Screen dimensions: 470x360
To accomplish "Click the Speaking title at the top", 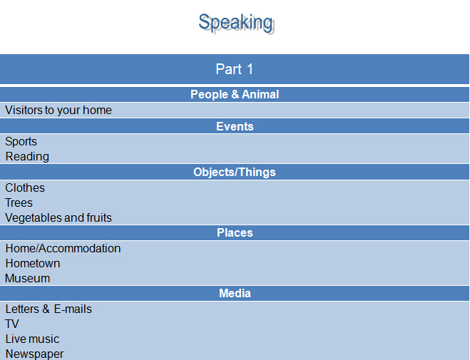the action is (235, 23).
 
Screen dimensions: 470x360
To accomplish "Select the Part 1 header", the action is (235, 69).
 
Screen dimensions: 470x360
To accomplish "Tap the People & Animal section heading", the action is (235, 94).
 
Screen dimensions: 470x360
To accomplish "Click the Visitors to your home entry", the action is (58, 110).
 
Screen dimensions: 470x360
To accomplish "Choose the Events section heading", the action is (235, 126).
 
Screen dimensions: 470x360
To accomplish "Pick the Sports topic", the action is (21, 142).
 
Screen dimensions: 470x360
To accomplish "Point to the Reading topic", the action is (27, 157).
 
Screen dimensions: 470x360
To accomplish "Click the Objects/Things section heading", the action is (235, 173).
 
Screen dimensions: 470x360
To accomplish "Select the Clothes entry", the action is (25, 187).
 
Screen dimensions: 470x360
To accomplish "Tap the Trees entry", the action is (19, 202).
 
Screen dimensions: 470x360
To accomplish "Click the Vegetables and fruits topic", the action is (58, 217).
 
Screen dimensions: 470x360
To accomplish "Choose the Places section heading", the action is (235, 232).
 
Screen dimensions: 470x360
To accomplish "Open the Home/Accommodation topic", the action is (63, 248).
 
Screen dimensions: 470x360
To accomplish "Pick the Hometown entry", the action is (33, 263).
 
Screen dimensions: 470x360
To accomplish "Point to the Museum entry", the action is (28, 278).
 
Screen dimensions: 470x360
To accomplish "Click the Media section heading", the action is (235, 293).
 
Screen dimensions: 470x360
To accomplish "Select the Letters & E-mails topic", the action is (48, 309).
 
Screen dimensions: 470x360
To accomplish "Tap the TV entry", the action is (12, 324).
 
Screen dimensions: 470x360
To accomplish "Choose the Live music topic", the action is (32, 339).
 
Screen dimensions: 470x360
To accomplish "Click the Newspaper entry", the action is (34, 354).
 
